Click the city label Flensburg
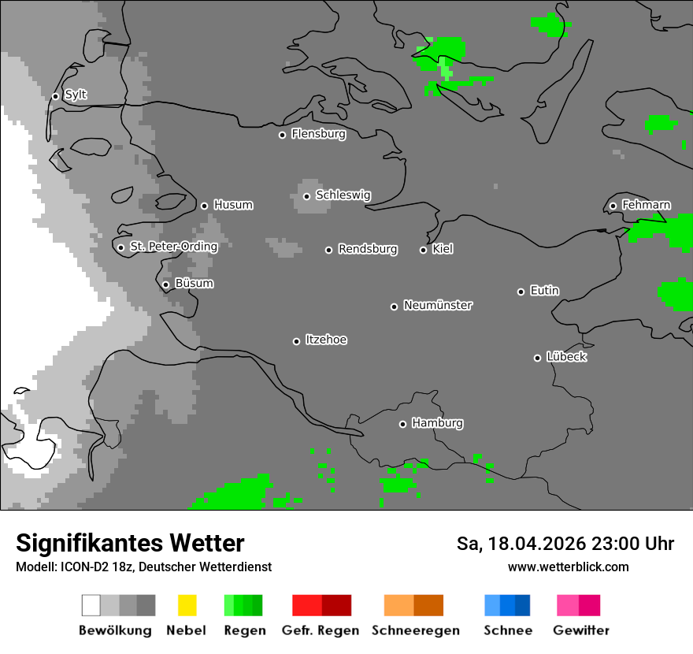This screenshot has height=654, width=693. coord(318,134)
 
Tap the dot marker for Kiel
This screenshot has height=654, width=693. coord(423,250)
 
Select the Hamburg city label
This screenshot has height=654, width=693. coord(437,423)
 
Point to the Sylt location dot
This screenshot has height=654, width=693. coord(55,96)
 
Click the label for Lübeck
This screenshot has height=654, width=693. coord(566,357)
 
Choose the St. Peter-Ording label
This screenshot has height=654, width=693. coord(173,247)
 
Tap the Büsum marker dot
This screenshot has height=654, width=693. coord(165,284)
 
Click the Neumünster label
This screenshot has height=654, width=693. coord(438,305)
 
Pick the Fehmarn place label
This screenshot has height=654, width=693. coord(646,205)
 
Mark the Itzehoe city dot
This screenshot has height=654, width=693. coord(296,341)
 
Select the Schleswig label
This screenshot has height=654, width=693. coord(343,195)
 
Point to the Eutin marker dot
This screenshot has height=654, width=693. coord(521,292)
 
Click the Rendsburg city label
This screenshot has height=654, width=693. coord(368,249)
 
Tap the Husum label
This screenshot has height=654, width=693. coord(233,205)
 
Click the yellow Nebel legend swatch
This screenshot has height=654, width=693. coord(187,605)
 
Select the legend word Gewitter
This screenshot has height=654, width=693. coord(581,630)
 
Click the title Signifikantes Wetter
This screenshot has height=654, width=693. coord(130,543)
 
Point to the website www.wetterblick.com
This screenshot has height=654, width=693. coord(568,567)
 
